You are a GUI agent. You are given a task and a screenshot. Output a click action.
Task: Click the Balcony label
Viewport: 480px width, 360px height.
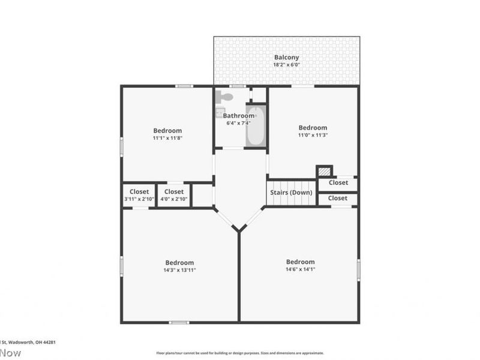tap(286, 58)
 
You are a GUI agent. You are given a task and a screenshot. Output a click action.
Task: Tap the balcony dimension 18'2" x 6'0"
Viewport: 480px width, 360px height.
tap(286, 65)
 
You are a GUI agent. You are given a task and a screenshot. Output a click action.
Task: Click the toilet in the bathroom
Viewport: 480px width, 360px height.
tap(225, 96)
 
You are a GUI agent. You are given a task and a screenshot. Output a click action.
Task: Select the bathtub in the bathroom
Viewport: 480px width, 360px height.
tap(255, 126)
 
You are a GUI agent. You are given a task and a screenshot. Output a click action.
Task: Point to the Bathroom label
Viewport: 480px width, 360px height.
tap(239, 116)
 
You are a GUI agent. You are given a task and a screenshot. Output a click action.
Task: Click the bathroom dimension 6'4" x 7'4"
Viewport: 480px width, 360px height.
tap(239, 123)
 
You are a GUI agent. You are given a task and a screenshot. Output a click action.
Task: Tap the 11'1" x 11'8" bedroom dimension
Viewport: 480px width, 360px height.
tap(167, 138)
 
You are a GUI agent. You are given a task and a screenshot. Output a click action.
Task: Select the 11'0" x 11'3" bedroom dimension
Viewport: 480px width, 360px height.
tap(313, 135)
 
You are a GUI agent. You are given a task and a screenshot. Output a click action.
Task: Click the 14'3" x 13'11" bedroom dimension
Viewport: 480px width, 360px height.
tap(179, 270)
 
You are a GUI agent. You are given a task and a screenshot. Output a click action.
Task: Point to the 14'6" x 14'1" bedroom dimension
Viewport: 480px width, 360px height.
tap(300, 269)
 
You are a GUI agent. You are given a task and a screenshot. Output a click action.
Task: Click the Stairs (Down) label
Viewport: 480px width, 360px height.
tap(292, 193)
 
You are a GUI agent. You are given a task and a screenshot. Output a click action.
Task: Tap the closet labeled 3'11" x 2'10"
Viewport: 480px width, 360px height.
tap(139, 199)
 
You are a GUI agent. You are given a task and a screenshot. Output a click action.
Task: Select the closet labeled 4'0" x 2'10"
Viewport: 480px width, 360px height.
tap(173, 199)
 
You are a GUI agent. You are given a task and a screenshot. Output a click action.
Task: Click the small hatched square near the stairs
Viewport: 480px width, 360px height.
tap(324, 172)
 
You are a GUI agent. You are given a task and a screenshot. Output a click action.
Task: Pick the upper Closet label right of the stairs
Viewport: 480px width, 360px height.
tap(338, 182)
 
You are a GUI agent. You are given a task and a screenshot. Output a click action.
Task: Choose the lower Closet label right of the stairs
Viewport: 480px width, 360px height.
tap(338, 198)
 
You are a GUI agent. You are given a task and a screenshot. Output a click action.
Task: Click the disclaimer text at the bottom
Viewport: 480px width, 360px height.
tap(240, 353)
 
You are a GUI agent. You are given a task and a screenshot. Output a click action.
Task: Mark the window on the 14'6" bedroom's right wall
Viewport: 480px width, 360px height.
tap(359, 269)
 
